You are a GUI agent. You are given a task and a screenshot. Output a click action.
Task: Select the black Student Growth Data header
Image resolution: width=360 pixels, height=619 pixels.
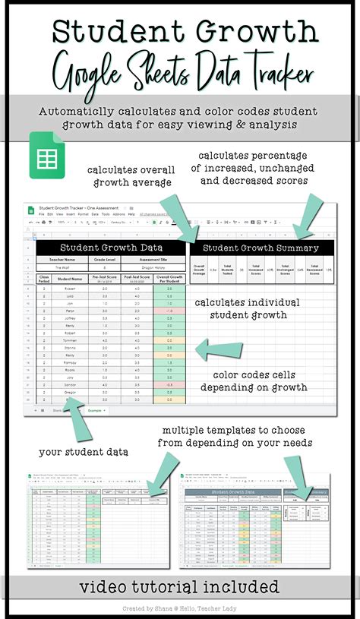click(x=111, y=247)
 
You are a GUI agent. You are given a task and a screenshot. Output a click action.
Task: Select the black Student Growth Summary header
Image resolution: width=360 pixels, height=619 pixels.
click(x=263, y=247)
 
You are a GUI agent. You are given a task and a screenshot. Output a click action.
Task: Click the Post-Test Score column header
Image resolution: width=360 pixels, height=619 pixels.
click(x=137, y=278)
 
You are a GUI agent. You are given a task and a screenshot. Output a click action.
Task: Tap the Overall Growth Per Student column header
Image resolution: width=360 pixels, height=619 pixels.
click(x=169, y=278)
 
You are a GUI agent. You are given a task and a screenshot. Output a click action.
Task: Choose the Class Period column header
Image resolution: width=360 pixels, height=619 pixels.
click(x=44, y=278)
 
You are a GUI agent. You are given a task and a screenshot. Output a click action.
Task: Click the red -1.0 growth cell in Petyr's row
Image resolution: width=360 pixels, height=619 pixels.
click(x=169, y=311)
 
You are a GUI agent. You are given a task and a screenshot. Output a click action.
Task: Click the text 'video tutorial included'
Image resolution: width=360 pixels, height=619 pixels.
click(x=180, y=586)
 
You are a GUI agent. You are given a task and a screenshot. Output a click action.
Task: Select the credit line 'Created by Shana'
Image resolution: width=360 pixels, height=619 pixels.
click(x=180, y=609)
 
